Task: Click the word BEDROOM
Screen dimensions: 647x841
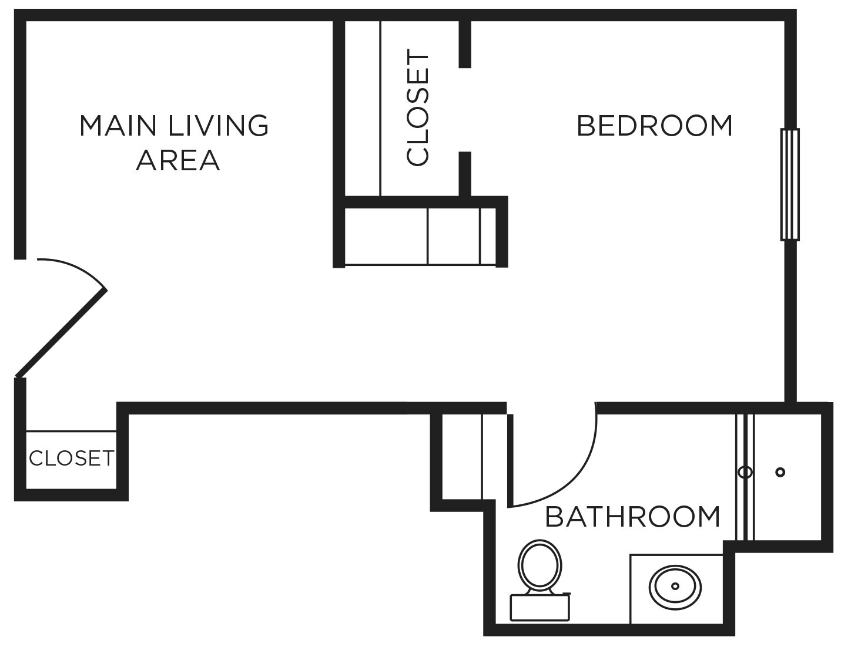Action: (x=655, y=126)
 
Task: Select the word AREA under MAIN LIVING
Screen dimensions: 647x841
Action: (x=177, y=160)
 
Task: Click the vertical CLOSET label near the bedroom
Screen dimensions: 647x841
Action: (x=418, y=109)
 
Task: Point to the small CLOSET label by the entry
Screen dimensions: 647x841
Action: (x=71, y=458)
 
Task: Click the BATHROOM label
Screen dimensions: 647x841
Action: (x=632, y=517)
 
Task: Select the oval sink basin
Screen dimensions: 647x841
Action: (x=675, y=586)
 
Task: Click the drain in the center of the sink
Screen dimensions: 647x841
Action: (x=675, y=586)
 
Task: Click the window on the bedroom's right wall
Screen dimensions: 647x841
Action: (x=790, y=185)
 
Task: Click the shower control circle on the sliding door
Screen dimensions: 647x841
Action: (x=745, y=472)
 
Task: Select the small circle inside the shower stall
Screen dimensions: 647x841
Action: (x=780, y=472)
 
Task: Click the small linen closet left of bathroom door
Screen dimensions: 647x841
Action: (x=462, y=456)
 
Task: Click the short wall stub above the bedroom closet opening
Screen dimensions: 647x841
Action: (x=464, y=44)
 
